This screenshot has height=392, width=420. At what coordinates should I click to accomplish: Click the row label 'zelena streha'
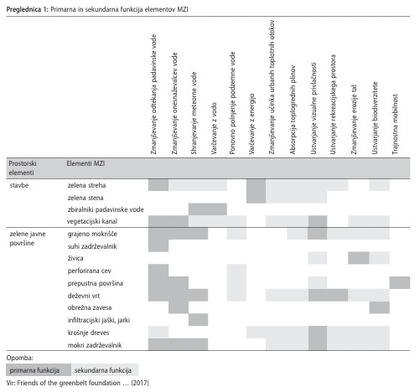pos(86,185)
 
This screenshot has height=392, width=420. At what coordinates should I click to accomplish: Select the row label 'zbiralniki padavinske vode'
pos(106,209)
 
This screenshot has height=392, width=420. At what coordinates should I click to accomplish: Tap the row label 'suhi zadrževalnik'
pos(92,246)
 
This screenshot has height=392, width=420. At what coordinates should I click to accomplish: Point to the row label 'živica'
pos(75,258)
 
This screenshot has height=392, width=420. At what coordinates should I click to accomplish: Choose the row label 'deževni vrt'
pos(84,296)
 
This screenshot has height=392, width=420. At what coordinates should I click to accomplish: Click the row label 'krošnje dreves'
pos(88,333)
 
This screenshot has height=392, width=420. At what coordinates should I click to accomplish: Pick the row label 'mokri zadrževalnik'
pos(95,345)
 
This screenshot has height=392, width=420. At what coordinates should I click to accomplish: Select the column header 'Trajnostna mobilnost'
pos(395,124)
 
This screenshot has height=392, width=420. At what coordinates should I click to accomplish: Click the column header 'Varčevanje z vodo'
pos(214,128)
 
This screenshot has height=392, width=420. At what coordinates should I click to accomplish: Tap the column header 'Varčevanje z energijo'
pos(251,124)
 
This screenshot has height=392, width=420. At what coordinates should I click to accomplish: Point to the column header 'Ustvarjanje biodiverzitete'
pos(375,118)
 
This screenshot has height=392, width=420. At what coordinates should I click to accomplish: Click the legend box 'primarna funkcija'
pos(39,370)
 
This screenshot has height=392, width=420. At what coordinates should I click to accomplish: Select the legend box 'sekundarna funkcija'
pos(105,370)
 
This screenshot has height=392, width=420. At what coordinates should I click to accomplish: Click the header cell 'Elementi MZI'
pos(86,163)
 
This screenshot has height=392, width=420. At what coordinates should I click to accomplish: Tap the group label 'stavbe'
pos(19,185)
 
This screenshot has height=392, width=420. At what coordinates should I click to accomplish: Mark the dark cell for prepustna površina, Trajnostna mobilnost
pos(400,282)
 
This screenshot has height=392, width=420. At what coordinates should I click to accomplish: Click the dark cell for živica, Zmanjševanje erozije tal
pos(359,258)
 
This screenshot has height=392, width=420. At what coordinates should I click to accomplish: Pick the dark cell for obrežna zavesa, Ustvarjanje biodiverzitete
pos(379,307)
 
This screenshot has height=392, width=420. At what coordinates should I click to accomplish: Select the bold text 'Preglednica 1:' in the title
pos(28,9)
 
